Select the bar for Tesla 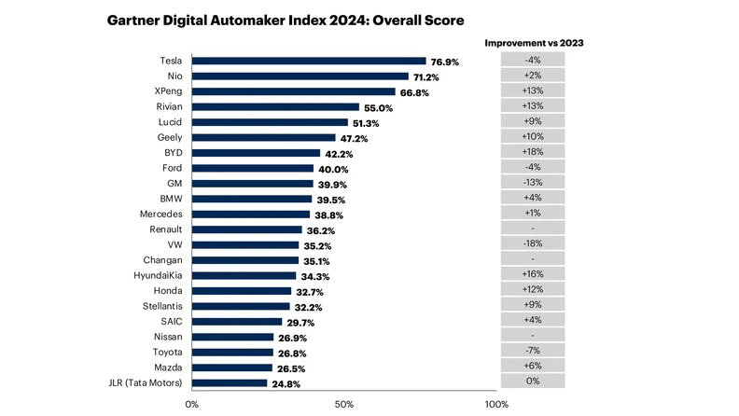pos(309,61)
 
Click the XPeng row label pos(168,91)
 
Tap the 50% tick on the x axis pos(343,404)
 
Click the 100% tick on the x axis pos(496,404)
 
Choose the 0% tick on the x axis pos(192,404)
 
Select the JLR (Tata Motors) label pos(148,382)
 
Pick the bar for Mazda pos(232,367)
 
